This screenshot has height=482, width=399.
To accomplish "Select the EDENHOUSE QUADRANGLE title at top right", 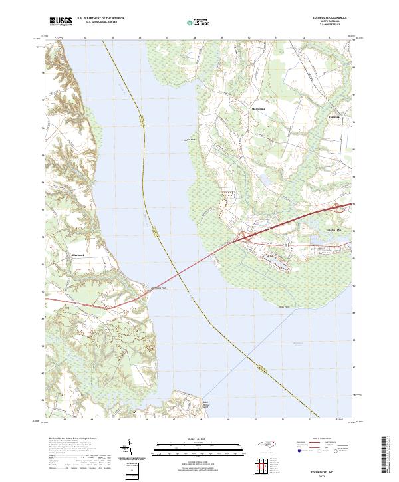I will (332, 18).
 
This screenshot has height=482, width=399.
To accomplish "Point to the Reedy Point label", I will (284, 306).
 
